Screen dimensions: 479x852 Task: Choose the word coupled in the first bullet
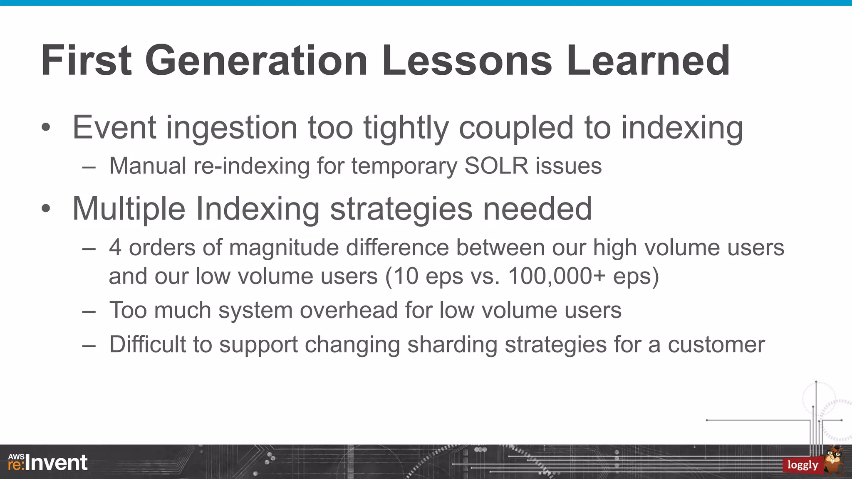(516, 128)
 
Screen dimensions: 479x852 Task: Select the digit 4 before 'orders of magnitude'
(115, 248)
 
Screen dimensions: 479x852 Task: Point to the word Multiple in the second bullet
(129, 209)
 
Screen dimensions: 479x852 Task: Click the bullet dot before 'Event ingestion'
(46, 128)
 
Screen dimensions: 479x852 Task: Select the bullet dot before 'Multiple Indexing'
(46, 209)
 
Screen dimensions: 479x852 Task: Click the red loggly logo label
(802, 465)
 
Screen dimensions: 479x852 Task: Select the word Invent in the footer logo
(57, 463)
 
